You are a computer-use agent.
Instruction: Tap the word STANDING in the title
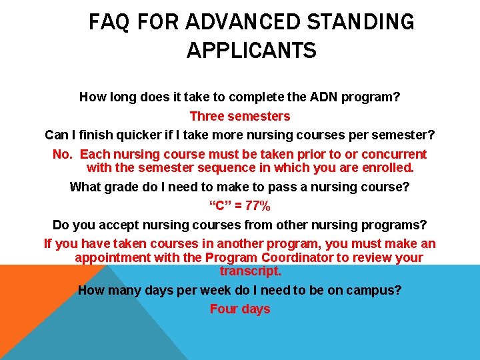361,23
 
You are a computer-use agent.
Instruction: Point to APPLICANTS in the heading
251,51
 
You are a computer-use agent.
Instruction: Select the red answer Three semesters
240,116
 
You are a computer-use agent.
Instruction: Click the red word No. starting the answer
63,155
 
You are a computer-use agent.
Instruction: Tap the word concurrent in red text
394,155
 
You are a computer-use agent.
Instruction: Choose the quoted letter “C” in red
219,206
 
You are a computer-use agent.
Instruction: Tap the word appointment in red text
115,257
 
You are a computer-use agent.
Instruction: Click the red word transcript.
251,271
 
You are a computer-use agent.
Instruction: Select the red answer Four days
240,309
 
